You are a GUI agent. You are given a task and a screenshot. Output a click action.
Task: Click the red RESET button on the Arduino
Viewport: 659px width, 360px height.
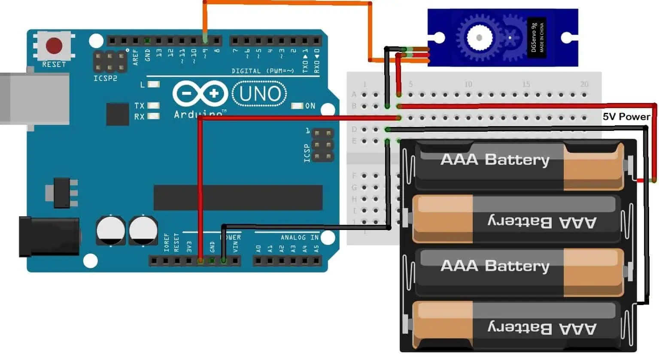[54, 45]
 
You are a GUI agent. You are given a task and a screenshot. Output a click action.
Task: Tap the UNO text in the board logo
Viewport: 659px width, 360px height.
[260, 94]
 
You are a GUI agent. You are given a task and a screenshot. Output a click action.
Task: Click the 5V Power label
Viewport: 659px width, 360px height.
[626, 117]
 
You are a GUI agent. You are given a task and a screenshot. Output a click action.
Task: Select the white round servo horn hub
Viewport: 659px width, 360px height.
[479, 38]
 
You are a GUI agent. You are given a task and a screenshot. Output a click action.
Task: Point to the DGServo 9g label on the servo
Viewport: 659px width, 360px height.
[534, 37]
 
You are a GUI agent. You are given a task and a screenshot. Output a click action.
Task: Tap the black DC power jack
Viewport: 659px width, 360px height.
[48, 237]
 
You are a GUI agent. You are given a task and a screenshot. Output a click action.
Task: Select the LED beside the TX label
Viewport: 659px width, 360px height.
[153, 106]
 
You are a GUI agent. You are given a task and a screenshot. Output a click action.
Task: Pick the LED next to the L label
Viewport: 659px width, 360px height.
[153, 85]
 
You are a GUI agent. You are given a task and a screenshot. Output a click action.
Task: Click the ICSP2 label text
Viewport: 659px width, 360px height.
[105, 79]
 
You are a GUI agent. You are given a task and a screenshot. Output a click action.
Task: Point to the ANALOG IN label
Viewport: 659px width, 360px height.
[299, 237]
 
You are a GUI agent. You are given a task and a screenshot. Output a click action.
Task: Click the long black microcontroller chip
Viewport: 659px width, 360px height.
[238, 197]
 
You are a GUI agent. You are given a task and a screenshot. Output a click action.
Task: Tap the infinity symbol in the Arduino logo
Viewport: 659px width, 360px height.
[200, 94]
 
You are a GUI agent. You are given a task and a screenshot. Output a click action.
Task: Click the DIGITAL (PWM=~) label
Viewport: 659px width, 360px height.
[262, 71]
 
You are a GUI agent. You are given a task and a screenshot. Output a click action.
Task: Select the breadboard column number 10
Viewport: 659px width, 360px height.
[468, 84]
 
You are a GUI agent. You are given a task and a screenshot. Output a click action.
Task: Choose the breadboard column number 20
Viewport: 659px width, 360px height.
[584, 84]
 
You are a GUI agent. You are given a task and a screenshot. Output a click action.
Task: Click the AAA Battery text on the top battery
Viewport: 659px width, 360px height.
[495, 160]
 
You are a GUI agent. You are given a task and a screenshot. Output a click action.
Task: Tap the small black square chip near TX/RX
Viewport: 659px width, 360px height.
[117, 114]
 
